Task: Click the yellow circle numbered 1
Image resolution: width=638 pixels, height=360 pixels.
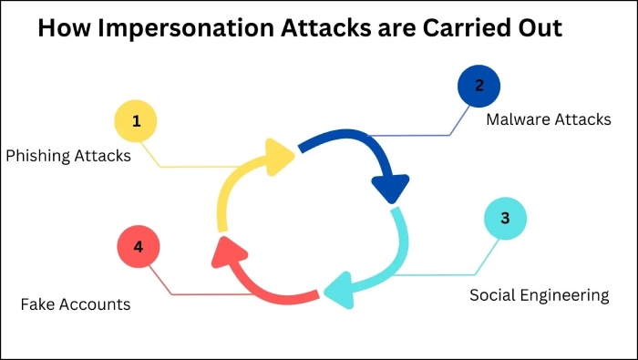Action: point(136,121)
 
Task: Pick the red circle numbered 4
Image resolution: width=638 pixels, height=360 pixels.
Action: point(139,247)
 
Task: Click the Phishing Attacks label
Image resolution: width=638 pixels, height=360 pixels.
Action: point(68,156)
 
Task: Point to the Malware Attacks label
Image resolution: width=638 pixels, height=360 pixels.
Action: point(548,119)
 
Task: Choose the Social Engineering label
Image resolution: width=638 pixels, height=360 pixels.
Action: point(539,295)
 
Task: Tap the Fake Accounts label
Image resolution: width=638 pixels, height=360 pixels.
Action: point(76,304)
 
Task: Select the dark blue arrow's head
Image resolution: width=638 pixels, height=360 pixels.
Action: point(389,189)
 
